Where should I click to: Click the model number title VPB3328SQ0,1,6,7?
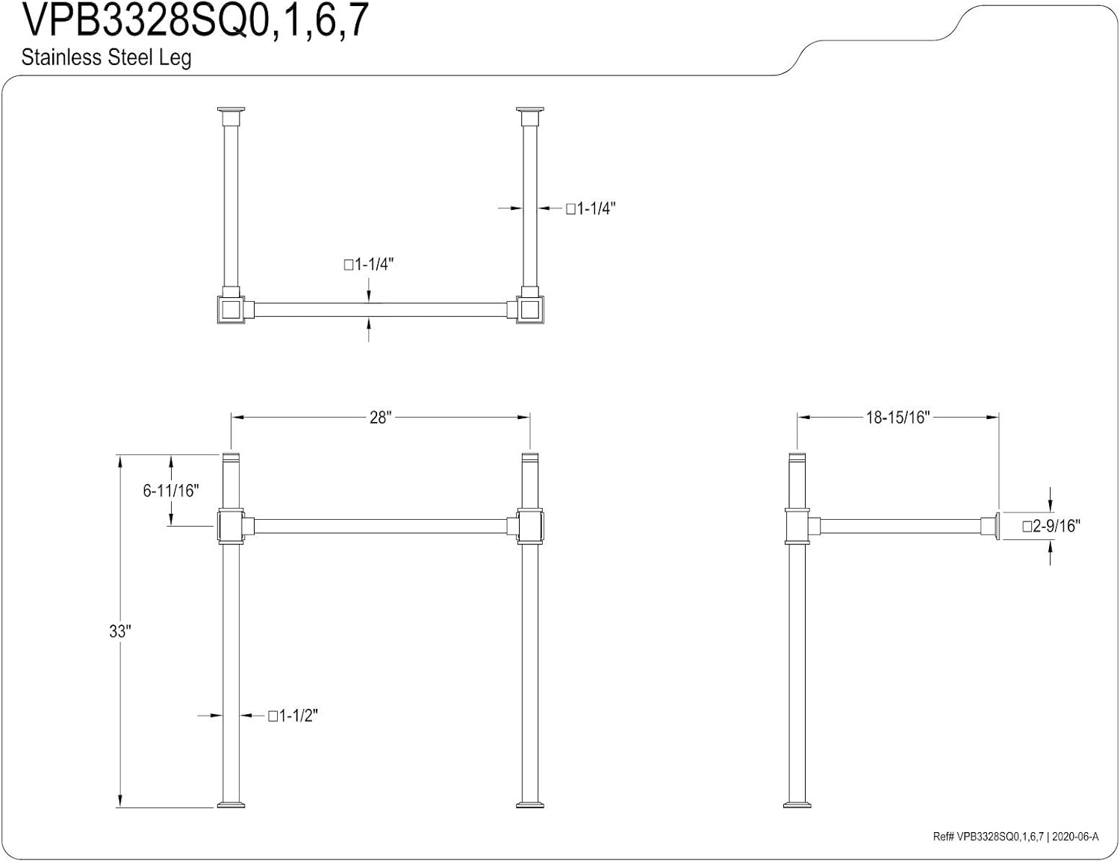(196, 22)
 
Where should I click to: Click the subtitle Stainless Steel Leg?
(106, 58)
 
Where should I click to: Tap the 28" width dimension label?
(380, 417)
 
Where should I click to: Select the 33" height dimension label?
(120, 631)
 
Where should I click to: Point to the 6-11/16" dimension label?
(170, 490)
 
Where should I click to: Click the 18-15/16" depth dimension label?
(897, 417)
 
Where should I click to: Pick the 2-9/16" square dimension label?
(1051, 526)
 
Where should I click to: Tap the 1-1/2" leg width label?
(293, 716)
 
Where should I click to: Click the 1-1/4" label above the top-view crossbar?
(369, 264)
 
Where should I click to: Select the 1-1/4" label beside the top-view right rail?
(591, 209)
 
